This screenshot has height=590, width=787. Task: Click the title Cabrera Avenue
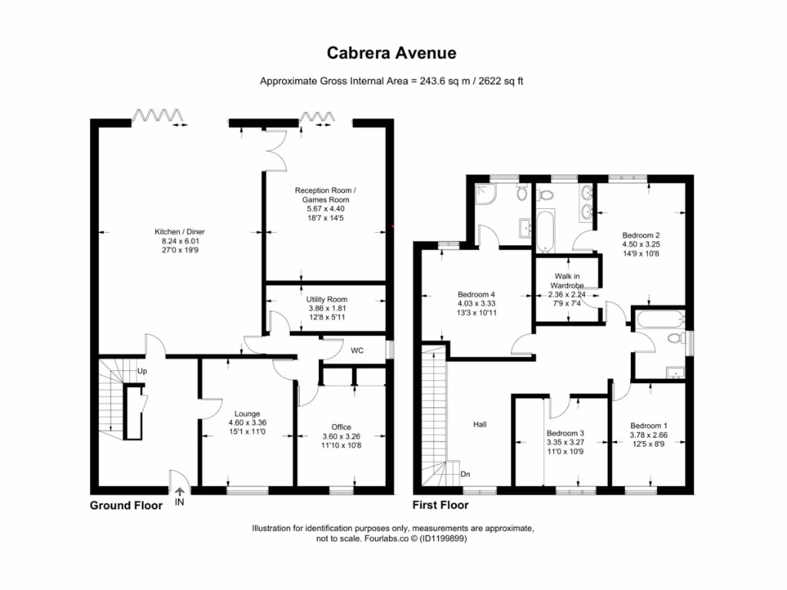[x=392, y=53]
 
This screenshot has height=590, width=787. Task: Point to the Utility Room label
[x=327, y=300]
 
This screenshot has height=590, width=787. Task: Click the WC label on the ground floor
[x=357, y=351]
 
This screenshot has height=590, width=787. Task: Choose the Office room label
[x=341, y=427]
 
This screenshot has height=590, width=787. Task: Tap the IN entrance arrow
[x=179, y=493]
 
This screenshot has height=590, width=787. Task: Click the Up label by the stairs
[x=141, y=371]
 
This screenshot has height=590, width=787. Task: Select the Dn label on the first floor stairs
[x=466, y=474]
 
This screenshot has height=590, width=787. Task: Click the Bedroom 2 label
[x=642, y=235]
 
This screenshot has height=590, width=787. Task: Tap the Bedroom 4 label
[x=477, y=294]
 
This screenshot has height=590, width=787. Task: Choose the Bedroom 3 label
[x=565, y=433]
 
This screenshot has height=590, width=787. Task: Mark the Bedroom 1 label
[x=649, y=426]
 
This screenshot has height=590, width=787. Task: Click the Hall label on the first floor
[x=480, y=423]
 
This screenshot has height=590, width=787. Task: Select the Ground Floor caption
[x=126, y=505]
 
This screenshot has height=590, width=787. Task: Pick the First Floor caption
[x=440, y=505]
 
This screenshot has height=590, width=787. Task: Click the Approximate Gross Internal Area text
[x=392, y=81]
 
